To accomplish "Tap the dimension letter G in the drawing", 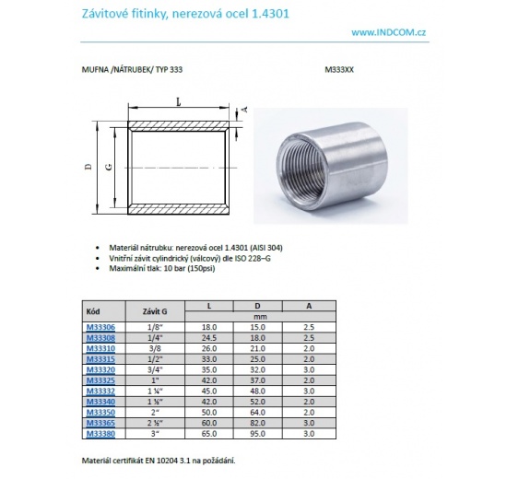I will click(x=110, y=168).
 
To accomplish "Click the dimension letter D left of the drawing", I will click(x=88, y=167).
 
